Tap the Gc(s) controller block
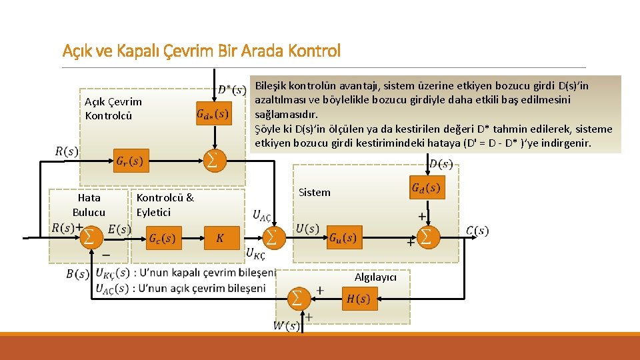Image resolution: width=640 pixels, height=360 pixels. point(163,238)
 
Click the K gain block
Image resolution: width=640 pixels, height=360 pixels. point(219,238)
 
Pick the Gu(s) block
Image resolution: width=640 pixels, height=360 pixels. point(343,237)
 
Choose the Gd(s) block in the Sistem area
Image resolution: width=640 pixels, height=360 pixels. point(427,188)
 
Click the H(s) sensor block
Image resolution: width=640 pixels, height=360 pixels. point(359,299)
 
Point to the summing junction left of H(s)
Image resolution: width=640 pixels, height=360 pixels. point(298,297)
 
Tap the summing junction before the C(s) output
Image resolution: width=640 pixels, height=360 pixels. point(426,235)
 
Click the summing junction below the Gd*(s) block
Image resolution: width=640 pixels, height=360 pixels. point(213,160)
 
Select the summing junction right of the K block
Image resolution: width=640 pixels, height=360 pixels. point(271,236)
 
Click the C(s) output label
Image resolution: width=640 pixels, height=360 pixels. point(477,231)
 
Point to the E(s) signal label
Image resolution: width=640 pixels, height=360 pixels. point(119,229)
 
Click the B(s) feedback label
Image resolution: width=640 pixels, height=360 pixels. point(77,273)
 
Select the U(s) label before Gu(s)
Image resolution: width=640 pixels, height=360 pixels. point(307,229)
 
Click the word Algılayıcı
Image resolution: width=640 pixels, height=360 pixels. point(375,277)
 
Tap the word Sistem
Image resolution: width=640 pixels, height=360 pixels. point(314,193)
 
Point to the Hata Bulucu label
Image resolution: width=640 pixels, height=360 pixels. point(89,205)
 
